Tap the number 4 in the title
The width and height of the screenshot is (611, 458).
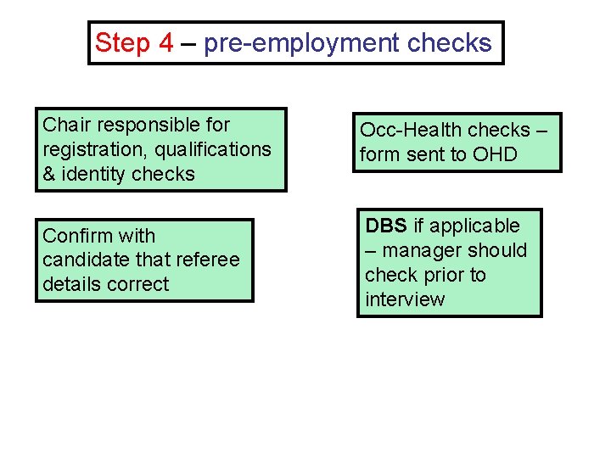tap(166, 43)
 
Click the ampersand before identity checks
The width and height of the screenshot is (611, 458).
tap(49, 175)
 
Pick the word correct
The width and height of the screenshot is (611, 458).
tap(139, 285)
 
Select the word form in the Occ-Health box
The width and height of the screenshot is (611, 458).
tap(378, 154)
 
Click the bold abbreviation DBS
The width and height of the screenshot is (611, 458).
tap(386, 226)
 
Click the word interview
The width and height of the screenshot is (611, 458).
tap(405, 299)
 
